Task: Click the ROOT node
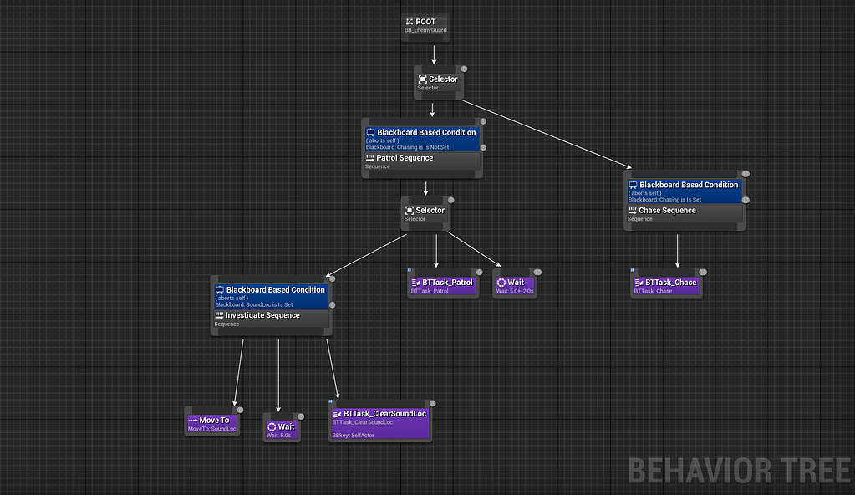(425, 26)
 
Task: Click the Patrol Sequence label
(405, 158)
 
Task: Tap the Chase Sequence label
(667, 211)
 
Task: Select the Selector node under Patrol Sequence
(425, 213)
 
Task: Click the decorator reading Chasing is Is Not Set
(421, 138)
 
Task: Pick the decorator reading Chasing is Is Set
(683, 191)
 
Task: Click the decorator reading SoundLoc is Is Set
(270, 296)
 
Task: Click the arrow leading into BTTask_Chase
(677, 251)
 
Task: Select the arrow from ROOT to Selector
(434, 54)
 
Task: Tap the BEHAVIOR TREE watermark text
(739, 470)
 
